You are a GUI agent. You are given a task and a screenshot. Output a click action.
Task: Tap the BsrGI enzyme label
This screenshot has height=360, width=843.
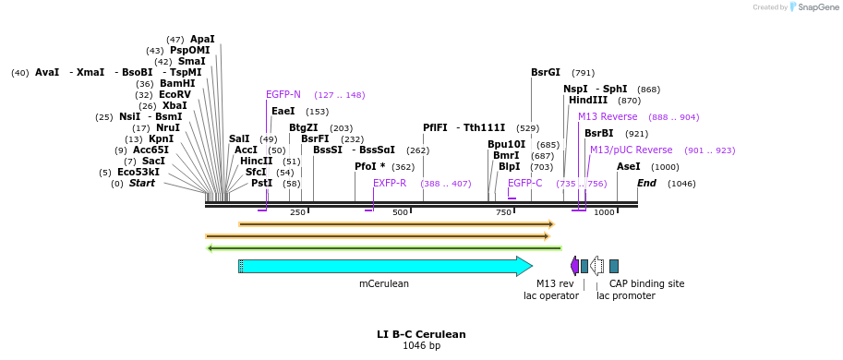[545, 72]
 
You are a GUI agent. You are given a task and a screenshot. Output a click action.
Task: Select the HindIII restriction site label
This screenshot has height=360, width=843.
[587, 100]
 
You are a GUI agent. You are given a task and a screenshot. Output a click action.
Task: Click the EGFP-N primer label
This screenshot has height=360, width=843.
[283, 94]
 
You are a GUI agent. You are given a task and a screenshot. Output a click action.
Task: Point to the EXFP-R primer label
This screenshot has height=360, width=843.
[390, 183]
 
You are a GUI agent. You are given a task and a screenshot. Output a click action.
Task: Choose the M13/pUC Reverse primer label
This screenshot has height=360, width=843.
[631, 150]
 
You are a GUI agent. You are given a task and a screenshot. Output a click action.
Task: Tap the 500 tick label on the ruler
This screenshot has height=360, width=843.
[400, 212]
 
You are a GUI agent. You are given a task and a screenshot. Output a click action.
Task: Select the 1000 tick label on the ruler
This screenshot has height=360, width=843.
[604, 212]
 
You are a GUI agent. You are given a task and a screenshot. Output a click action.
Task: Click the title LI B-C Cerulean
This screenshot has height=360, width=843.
[421, 334]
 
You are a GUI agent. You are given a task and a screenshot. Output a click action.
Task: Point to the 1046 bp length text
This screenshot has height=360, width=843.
[421, 346]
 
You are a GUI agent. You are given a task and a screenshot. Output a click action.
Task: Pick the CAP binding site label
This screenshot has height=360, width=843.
[646, 283]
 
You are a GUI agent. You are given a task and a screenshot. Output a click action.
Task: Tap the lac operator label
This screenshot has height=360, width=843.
[551, 295]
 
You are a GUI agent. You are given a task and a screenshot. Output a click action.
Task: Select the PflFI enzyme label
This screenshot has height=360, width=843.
[435, 127]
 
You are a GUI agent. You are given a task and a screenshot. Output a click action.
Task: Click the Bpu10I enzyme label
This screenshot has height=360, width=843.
[506, 144]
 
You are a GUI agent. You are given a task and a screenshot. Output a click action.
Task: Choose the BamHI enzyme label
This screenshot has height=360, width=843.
[177, 83]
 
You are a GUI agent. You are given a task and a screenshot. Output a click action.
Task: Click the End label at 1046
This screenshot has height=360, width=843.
[646, 183]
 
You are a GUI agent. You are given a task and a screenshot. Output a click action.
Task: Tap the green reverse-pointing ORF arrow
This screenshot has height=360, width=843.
[384, 247]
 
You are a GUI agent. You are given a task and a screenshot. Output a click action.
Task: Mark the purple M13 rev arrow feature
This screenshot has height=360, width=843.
[574, 266]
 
